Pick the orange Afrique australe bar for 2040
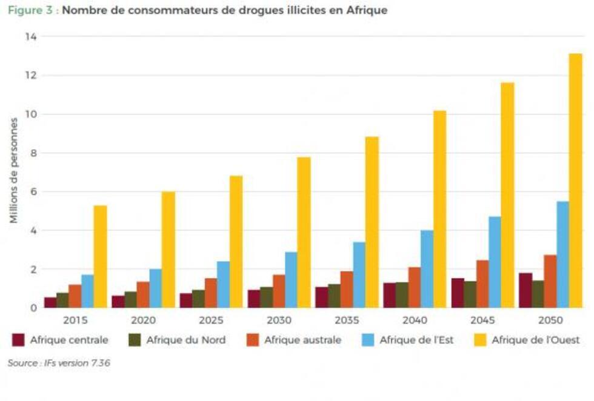click(413, 287)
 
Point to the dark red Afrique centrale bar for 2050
click(525, 290)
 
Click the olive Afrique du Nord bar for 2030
click(265, 297)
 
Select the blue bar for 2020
click(156, 288)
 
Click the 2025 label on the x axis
click(212, 320)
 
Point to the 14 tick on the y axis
click(30, 37)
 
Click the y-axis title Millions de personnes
click(14, 171)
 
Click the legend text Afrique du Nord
click(185, 340)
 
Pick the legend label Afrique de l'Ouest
click(535, 340)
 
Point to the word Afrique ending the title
click(367, 10)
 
